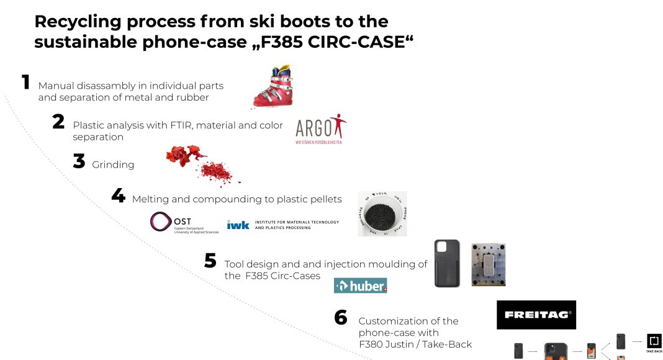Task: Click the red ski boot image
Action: [273, 88]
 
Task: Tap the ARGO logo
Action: [320, 128]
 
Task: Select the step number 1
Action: [25, 82]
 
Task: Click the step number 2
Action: [58, 122]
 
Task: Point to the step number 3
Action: [79, 161]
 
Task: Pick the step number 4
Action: [118, 196]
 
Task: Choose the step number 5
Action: [210, 261]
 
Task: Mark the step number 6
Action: [340, 318]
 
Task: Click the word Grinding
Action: [113, 164]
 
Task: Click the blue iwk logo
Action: [238, 225]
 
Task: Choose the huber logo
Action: [360, 286]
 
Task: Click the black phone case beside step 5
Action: [447, 263]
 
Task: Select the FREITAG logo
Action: [536, 315]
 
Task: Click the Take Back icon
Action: [654, 343]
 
